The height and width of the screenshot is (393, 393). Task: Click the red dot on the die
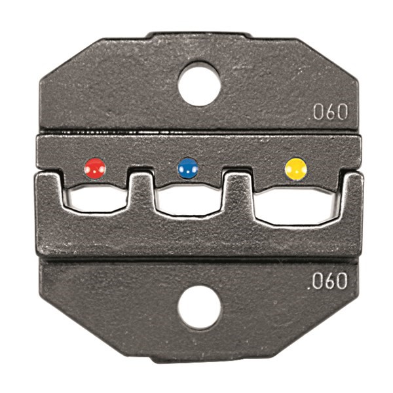tap(95, 168)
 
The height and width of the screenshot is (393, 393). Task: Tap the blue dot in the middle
tap(189, 168)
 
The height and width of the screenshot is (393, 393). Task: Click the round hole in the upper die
tap(199, 83)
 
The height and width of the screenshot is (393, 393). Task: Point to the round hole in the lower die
tap(199, 308)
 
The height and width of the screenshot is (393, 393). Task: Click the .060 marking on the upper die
tap(329, 112)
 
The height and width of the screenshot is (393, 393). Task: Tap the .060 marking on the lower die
tap(327, 282)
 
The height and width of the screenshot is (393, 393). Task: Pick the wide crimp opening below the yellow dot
tap(295, 205)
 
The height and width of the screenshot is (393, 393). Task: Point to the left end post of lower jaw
tap(50, 193)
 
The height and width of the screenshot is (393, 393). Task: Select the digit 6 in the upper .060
tap(329, 112)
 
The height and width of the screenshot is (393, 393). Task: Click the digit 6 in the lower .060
tap(327, 282)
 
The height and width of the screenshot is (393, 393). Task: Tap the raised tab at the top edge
tap(198, 34)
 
